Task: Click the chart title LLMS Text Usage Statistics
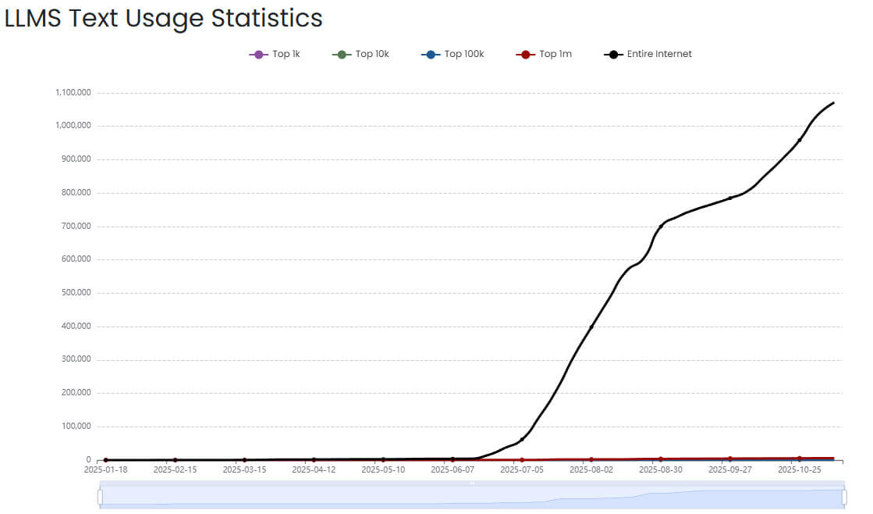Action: [x=164, y=18]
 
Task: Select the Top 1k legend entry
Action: [x=274, y=54]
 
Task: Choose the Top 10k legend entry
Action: [x=360, y=54]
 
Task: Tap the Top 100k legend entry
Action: [x=452, y=54]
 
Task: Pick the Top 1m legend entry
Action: [x=544, y=54]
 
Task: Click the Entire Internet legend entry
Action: [x=648, y=54]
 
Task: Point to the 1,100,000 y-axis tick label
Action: [x=73, y=92]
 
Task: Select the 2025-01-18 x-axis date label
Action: [x=106, y=470]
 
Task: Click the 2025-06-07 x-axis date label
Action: [x=452, y=470]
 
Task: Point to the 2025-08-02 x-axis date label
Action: [x=591, y=470]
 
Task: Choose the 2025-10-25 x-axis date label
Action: [x=799, y=470]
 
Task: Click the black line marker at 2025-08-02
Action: [x=591, y=327]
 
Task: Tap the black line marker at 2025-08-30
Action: [x=661, y=227]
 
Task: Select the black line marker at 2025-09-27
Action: [x=730, y=198]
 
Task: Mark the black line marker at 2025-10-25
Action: [x=800, y=140]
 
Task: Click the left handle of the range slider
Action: [x=100, y=497]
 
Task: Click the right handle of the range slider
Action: [x=844, y=497]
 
